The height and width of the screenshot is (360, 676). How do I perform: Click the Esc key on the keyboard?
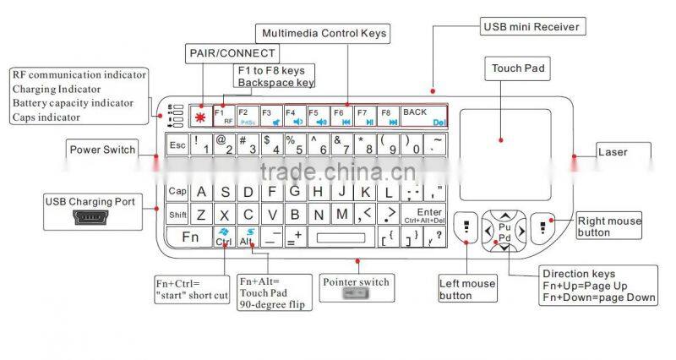(177, 145)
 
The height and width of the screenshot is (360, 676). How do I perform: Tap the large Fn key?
(189, 237)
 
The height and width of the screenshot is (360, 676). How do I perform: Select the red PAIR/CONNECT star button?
(200, 117)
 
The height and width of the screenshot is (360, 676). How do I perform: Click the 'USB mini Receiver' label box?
(531, 26)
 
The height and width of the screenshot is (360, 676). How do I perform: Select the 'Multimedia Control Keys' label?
(324, 34)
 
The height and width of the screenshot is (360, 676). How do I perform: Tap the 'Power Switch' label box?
(102, 150)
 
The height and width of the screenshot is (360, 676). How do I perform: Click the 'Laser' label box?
(613, 153)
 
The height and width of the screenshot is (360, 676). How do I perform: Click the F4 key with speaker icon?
(293, 117)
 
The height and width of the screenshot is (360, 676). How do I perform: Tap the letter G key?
(294, 191)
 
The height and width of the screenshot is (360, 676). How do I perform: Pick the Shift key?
(177, 215)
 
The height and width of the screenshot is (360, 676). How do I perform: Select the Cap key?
(177, 191)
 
